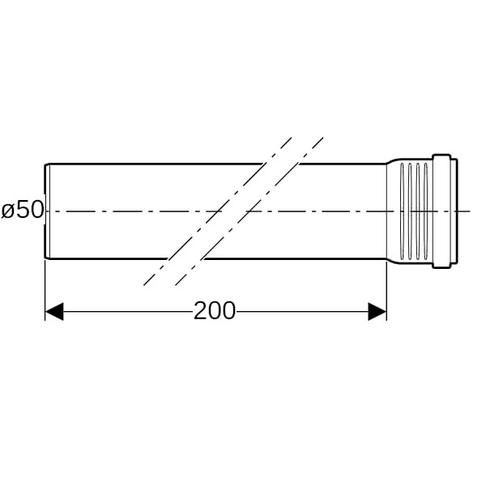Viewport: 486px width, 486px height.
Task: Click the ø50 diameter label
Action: tap(22, 210)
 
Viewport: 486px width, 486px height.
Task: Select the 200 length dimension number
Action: tap(215, 311)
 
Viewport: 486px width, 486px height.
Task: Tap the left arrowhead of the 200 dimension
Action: tap(54, 311)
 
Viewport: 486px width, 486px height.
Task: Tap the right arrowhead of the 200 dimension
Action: tap(377, 311)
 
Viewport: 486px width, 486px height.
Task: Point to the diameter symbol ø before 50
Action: tap(8, 211)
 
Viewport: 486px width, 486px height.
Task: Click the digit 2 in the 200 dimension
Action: tap(200, 310)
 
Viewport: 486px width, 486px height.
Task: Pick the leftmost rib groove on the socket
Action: tap(403, 211)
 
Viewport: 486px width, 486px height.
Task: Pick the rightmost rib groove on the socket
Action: tap(426, 211)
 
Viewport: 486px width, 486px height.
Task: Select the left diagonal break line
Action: tap(218, 211)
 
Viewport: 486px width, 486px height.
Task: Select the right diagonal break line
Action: tap(249, 211)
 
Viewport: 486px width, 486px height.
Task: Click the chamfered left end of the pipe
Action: tap(48, 211)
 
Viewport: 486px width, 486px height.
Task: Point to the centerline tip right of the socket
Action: tap(471, 211)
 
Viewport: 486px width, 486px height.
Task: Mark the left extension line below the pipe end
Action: tap(45, 290)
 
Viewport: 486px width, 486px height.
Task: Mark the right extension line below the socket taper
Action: tap(386, 292)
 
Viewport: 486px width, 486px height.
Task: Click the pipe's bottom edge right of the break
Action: tap(295, 259)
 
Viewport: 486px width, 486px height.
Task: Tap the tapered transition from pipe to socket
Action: tap(393, 211)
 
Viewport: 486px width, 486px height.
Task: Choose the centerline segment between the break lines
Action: tap(233, 211)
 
